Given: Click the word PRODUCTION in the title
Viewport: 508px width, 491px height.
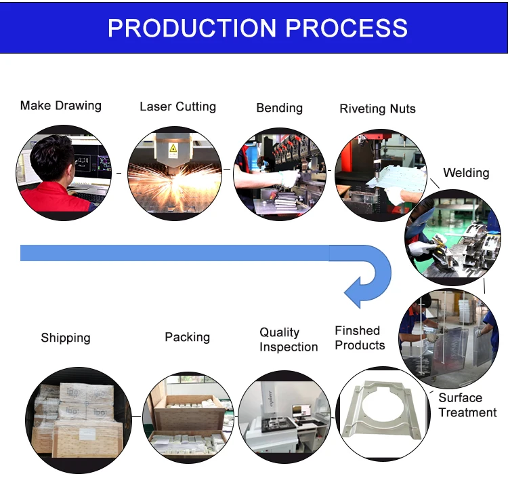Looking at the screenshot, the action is click(192, 28).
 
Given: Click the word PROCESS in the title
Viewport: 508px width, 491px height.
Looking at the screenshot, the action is click(347, 28).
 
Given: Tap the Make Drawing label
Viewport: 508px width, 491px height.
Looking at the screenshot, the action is click(61, 106).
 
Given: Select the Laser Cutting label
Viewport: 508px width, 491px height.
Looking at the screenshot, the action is click(177, 106).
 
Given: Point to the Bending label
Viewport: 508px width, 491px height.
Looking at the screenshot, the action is click(279, 108).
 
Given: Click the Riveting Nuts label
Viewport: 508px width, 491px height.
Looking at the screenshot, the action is click(377, 109).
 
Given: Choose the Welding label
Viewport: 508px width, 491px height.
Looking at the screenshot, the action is click(466, 173).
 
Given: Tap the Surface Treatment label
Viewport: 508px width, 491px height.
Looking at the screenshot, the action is click(467, 405).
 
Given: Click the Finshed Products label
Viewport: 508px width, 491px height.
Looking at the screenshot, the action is click(360, 338).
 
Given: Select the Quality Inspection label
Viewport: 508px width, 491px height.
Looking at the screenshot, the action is click(289, 340).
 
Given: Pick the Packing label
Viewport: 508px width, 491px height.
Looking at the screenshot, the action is click(187, 337).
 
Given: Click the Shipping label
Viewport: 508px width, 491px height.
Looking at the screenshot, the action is click(65, 338).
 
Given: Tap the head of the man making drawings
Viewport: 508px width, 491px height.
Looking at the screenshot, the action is click(54, 158).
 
